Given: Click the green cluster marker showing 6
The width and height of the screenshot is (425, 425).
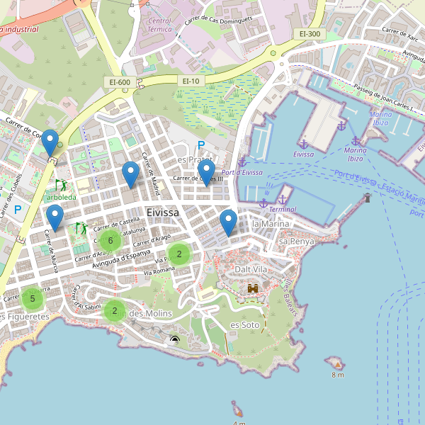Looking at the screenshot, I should pos(110,241).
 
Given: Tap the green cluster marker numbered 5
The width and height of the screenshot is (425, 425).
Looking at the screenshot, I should pos(32,299).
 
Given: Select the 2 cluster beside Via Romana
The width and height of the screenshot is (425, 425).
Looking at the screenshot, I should pos(179,254).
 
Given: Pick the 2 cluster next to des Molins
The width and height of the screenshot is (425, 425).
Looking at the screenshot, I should pos(114,310).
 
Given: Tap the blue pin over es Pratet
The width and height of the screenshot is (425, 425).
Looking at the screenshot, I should pos(206,173).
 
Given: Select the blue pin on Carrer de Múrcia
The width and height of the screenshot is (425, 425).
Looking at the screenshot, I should pos(55,217).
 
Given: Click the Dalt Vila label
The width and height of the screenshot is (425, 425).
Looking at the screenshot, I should pos(251,269).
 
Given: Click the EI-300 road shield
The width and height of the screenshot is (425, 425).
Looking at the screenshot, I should pos(310,33).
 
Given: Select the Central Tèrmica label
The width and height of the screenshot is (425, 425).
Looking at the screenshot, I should pos(159,25).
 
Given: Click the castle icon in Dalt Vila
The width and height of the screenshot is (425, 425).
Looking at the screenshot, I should pos(253,288).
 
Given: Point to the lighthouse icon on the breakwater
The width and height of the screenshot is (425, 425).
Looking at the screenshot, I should pos(367,198).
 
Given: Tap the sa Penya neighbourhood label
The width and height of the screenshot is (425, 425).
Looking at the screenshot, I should pos(296,242).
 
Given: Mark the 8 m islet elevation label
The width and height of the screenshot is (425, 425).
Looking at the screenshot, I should pos(337,375).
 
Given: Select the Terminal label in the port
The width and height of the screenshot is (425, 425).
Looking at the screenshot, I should pos(283,210).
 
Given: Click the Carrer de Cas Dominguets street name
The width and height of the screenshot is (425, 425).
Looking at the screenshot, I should pos(219,18).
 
